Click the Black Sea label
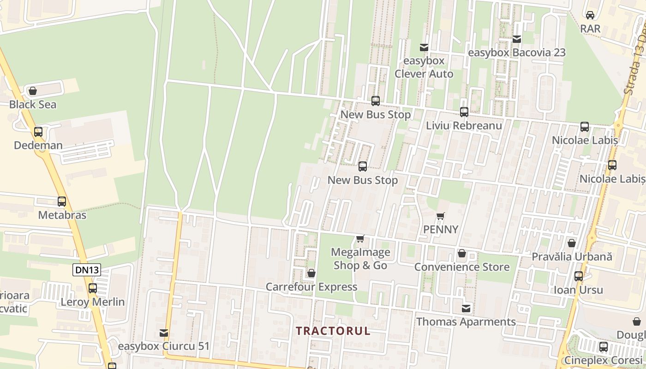click(33, 105)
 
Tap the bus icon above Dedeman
click(38, 132)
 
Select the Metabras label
click(62, 215)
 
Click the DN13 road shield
click(86, 270)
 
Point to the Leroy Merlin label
click(93, 302)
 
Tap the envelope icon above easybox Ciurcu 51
click(164, 333)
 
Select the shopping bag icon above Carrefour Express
click(311, 273)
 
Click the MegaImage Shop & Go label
click(360, 259)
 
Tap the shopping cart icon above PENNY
click(441, 216)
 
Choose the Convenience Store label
click(461, 267)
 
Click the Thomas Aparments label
click(466, 322)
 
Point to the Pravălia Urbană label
click(572, 257)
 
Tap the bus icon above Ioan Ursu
click(579, 276)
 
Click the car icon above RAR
click(590, 15)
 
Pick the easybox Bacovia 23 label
click(516, 53)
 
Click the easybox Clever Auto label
click(424, 67)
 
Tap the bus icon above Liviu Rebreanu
click(464, 112)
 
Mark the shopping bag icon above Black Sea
click(33, 91)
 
